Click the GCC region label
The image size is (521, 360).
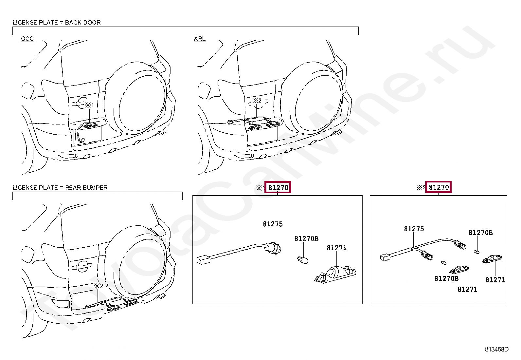coord(27,39)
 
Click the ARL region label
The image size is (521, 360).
coord(200,39)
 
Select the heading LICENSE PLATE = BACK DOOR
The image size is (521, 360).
coord(57,23)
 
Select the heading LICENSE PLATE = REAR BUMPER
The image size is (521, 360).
coord(60,188)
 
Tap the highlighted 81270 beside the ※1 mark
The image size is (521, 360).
coord(278,187)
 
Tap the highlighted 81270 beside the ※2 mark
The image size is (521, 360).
coord(439,187)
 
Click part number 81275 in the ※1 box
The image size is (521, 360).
coord(273,224)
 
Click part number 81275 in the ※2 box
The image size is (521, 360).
coord(414,229)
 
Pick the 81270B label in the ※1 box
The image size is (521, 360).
coord(306,239)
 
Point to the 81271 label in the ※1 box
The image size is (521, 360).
coord(336,248)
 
